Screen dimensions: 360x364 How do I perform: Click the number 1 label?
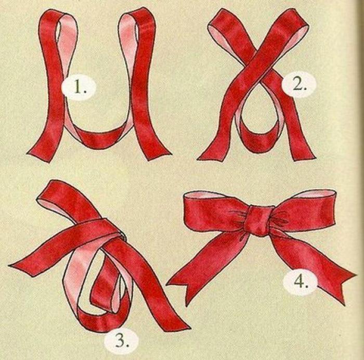click(x=79, y=87)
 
